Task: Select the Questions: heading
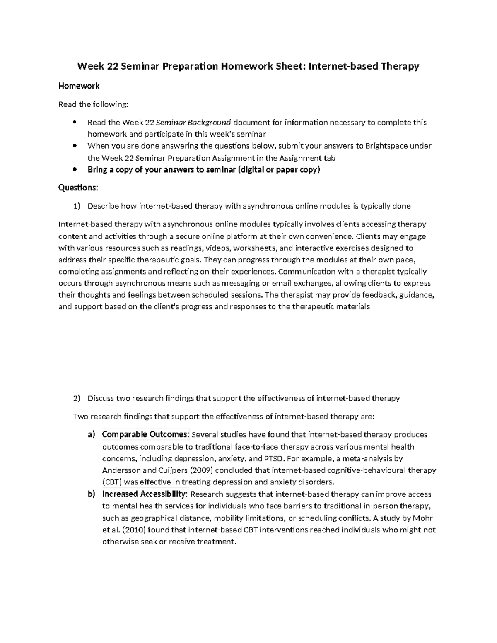click(78, 188)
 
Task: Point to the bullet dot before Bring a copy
click(75, 169)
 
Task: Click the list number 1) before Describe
click(76, 206)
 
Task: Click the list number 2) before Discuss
click(76, 399)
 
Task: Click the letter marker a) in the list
click(92, 435)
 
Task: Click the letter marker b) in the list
click(92, 494)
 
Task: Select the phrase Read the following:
click(94, 105)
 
